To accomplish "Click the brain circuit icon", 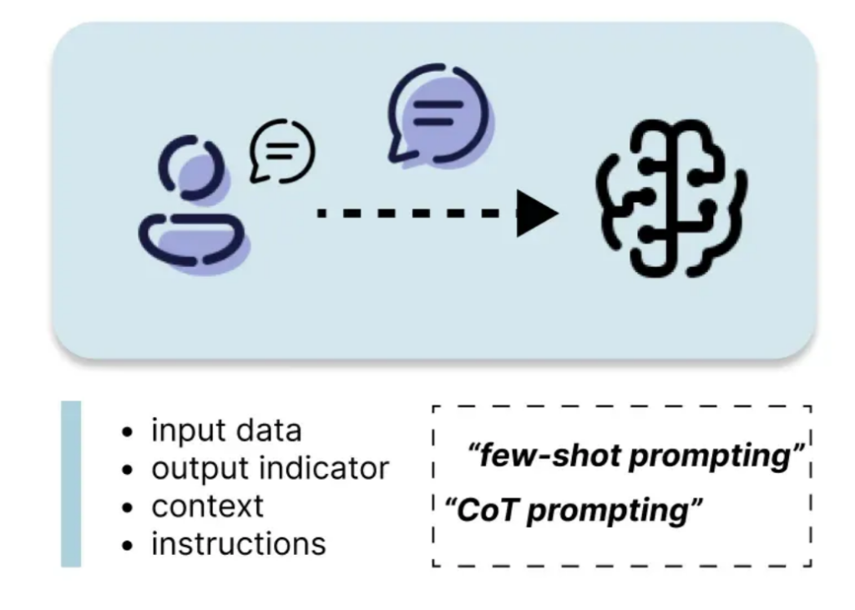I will [670, 199].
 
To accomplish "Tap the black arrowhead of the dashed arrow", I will [535, 214].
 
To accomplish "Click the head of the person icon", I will [192, 169].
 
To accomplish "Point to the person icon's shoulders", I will [191, 239].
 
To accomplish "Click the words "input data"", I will [226, 431].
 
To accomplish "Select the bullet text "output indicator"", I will [270, 468].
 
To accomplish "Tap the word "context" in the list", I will [207, 506].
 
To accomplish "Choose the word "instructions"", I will [238, 543].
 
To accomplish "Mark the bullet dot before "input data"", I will [128, 432].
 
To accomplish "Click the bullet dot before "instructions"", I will [128, 545].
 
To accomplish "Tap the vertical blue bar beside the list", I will [72, 484].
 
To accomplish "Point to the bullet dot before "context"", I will [128, 507].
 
